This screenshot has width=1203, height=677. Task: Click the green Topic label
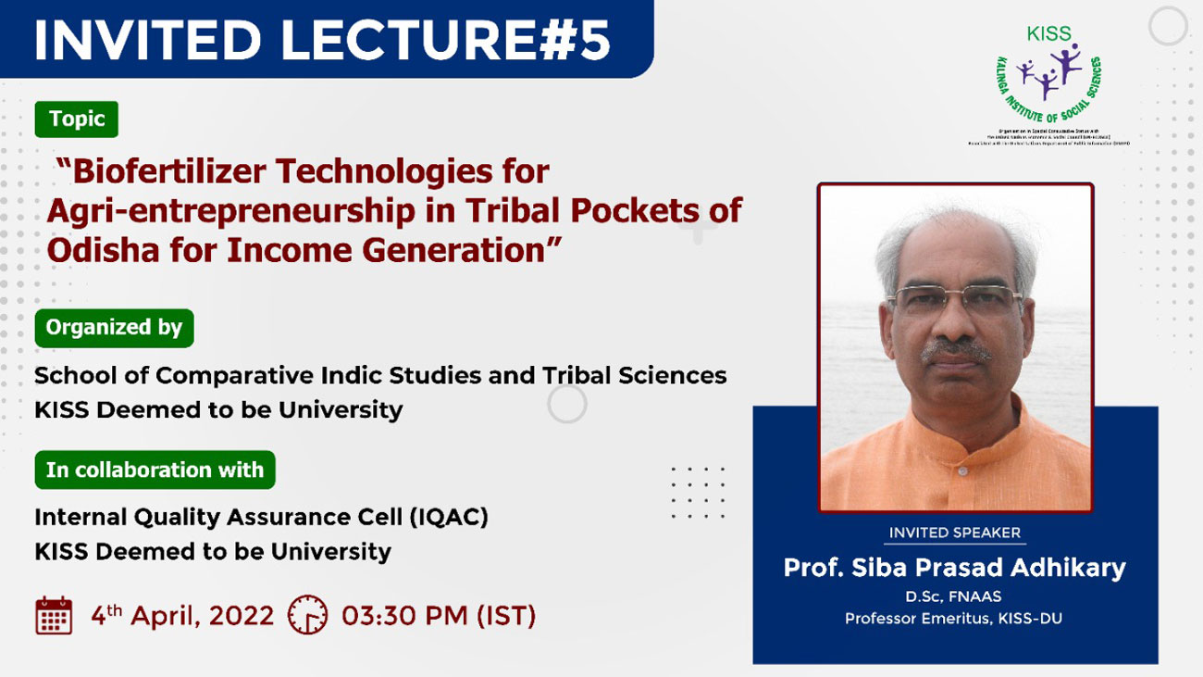tap(77, 119)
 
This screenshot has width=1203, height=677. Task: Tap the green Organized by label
tap(114, 328)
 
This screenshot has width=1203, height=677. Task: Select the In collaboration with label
tap(155, 470)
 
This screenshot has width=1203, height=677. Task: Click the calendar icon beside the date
tap(54, 616)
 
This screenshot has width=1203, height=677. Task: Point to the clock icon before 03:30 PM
tap(307, 615)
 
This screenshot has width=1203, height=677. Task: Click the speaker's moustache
tap(955, 349)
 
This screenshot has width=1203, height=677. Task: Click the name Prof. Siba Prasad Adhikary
tap(954, 568)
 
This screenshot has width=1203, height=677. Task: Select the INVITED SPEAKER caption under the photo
tap(954, 533)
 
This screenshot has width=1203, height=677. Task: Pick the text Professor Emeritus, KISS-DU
tap(954, 619)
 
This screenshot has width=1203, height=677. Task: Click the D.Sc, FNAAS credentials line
tap(954, 596)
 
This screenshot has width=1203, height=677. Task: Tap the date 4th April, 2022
tap(182, 616)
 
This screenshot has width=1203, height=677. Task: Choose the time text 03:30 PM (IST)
tap(439, 616)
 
